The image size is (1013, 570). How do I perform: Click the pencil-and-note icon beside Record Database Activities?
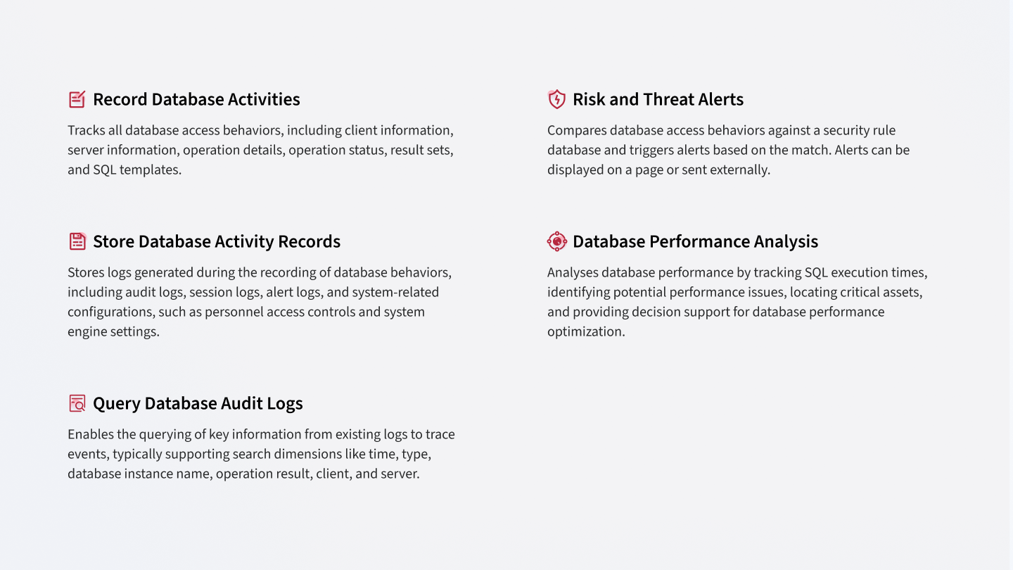click(x=77, y=99)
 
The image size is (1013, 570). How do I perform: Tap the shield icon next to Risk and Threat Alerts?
click(x=556, y=99)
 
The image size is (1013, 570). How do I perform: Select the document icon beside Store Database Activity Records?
click(x=77, y=241)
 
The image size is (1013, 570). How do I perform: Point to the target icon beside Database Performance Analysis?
click(x=556, y=241)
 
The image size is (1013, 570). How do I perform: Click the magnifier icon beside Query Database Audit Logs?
click(x=77, y=403)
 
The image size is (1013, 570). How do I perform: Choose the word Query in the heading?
click(x=117, y=404)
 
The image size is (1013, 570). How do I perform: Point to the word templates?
click(x=150, y=170)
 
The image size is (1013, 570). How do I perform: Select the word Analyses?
click(x=572, y=273)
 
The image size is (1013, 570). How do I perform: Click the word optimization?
click(x=586, y=332)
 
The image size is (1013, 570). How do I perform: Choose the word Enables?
click(x=91, y=434)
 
